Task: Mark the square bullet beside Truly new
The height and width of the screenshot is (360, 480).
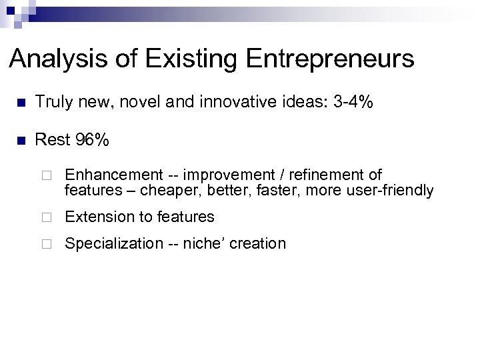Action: (x=21, y=104)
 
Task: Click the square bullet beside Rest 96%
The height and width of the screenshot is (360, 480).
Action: (x=21, y=141)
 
